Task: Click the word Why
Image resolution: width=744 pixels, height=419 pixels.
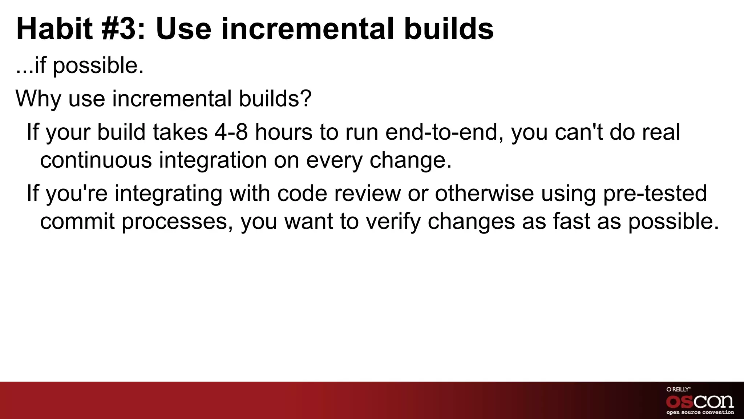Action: coord(38,99)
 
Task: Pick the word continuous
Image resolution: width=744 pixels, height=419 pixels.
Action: coord(96,160)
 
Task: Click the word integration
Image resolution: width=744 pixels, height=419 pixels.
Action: coord(213,160)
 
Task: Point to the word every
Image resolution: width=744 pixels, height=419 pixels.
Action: coord(334,160)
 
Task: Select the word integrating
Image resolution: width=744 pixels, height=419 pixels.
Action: coord(169,193)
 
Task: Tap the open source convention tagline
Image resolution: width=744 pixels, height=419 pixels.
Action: coord(700,412)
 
